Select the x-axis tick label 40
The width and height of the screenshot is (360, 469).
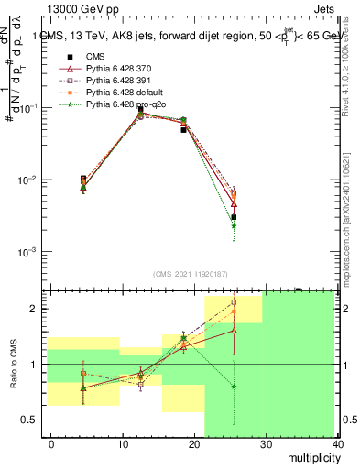(x=338, y=444)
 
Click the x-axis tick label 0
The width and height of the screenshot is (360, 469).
(x=52, y=444)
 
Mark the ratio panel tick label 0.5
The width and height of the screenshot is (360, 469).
(x=31, y=420)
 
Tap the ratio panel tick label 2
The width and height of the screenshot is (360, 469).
(x=36, y=309)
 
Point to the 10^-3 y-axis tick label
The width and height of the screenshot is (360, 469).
(x=27, y=251)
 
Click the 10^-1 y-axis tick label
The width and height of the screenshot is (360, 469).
(x=27, y=108)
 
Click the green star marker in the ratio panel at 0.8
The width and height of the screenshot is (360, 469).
(x=235, y=387)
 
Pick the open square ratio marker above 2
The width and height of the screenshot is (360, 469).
(x=235, y=301)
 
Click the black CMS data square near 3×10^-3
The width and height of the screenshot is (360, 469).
(x=235, y=217)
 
